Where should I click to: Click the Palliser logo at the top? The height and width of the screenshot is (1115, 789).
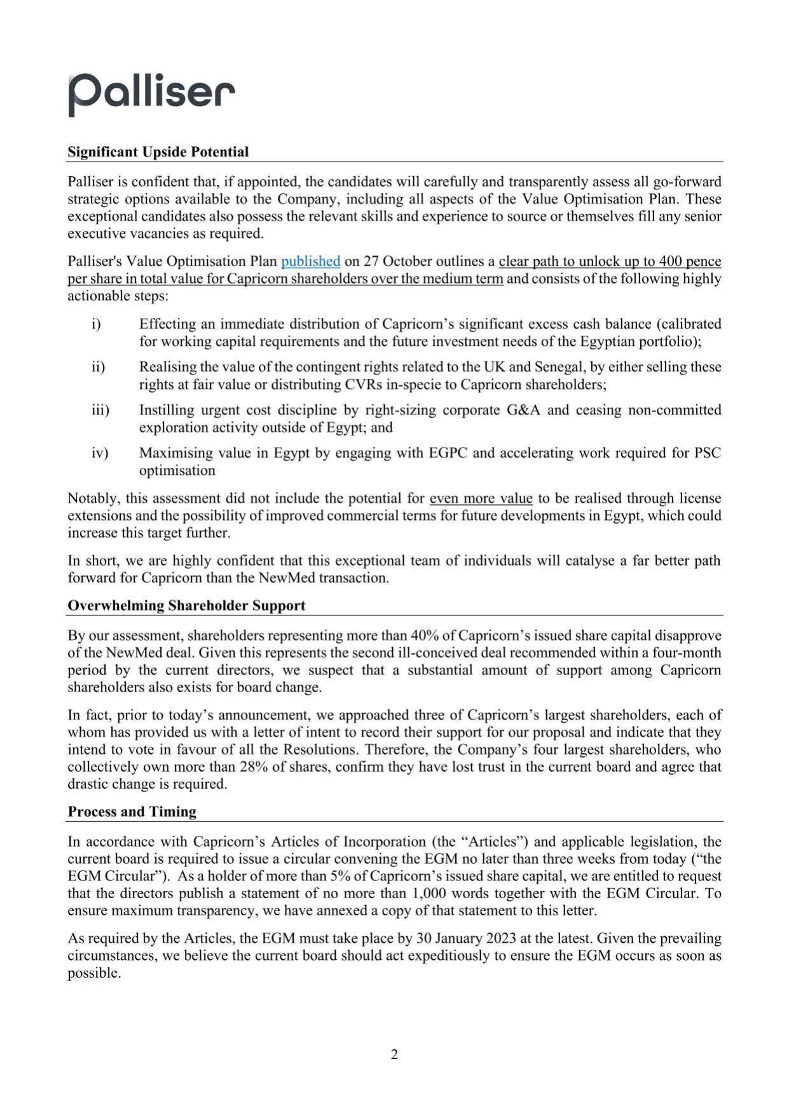[151, 93]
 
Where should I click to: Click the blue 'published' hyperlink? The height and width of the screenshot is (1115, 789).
[310, 261]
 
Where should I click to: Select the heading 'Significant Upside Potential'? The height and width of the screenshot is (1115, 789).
[158, 152]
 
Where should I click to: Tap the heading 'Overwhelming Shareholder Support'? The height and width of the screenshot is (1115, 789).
[186, 606]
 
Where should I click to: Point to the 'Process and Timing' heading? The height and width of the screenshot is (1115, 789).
[132, 812]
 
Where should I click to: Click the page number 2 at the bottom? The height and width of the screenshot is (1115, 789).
[394, 1055]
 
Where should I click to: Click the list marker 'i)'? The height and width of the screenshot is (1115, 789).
[96, 324]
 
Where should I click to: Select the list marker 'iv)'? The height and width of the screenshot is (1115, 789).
[99, 453]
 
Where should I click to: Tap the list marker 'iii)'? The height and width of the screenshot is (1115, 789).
[100, 410]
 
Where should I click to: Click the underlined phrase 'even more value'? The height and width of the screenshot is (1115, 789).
[481, 498]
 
